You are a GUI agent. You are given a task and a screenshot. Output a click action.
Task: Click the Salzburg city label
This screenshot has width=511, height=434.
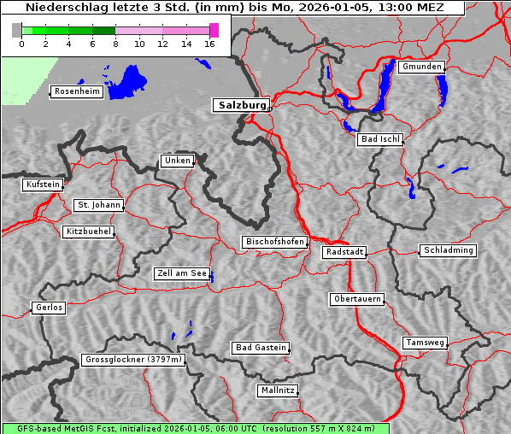pos(240,105)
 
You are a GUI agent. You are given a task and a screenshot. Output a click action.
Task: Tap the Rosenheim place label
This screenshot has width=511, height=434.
pos(76,91)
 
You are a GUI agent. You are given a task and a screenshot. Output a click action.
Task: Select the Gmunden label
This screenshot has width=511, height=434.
pos(421,67)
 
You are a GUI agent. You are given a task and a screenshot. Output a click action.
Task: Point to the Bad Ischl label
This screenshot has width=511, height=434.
pos(379,139)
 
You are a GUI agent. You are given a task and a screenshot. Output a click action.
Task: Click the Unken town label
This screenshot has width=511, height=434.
pos(176,161)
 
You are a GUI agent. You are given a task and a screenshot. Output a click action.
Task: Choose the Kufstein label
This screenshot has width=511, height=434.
pos(42,185)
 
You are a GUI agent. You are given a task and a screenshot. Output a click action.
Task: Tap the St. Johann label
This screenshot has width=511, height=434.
pos(98,205)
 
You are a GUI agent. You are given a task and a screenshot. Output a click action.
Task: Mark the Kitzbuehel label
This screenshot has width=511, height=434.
pos(88,232)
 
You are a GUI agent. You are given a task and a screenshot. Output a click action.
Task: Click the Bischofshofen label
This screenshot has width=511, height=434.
pos(274,243)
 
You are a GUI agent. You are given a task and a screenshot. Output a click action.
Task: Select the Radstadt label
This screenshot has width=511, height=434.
pos(344,252)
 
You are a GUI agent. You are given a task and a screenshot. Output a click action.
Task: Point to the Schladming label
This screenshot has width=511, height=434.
pos(447,250)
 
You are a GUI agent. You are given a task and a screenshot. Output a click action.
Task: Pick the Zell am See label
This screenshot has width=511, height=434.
pos(181,273)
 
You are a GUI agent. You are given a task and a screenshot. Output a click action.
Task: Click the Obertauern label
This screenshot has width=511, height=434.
pos(356,299)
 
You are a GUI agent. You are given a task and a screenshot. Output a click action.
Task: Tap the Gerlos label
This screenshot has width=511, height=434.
pos(48,308)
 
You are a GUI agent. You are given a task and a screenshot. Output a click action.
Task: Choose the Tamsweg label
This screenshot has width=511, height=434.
pos(425,343)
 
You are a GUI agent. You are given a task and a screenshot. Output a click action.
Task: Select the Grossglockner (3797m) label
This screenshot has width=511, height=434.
pos(133,360)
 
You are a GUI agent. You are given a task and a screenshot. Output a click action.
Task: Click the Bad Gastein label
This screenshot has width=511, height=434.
pos(261,348)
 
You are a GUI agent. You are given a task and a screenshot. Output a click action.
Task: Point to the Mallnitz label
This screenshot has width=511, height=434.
pos(277,390)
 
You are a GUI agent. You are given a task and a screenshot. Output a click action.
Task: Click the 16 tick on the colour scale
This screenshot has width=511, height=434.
pos(210,43)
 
